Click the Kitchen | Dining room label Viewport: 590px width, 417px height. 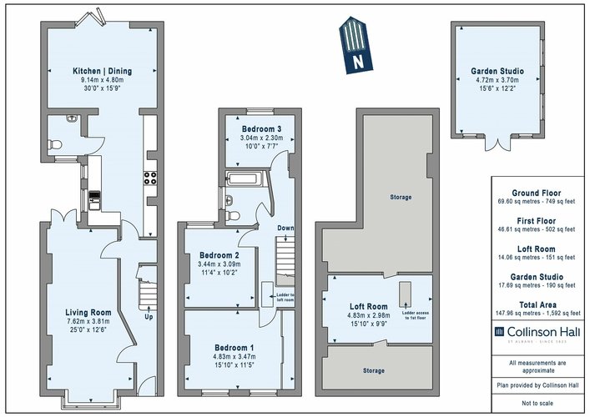pos(102,71)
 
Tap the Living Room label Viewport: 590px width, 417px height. pos(88,313)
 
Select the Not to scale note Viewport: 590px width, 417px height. pos(537,402)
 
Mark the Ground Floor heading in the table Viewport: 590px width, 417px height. pos(537,193)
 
